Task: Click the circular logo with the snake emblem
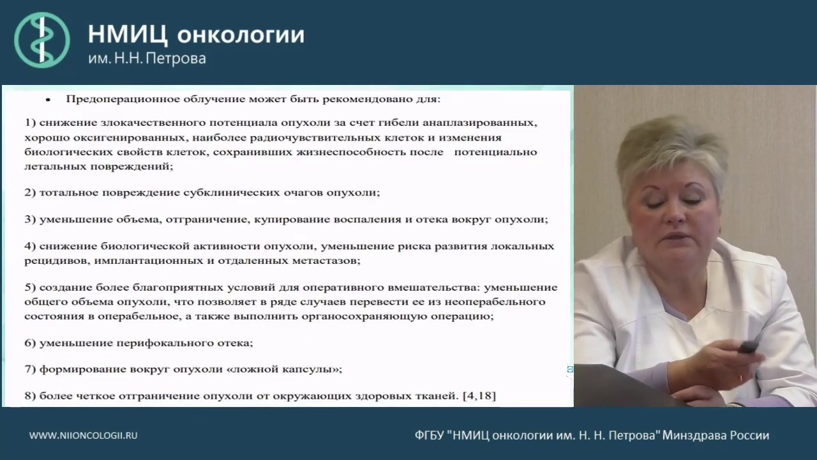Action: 42,40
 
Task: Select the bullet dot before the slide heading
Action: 47,101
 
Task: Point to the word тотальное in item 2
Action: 66,192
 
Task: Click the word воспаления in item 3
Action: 366,219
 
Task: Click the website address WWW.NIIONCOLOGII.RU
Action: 84,435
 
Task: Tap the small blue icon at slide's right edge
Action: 569,369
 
